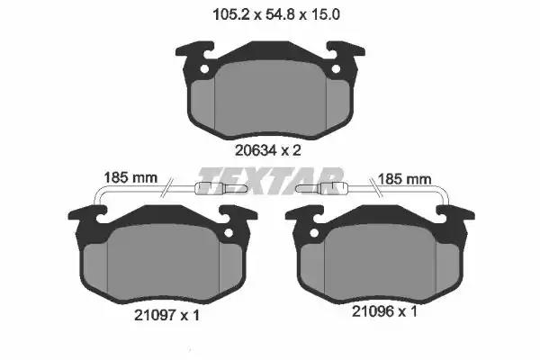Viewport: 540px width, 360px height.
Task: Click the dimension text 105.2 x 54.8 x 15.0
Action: tap(276, 14)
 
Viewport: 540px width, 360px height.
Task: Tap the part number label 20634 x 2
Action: tap(268, 150)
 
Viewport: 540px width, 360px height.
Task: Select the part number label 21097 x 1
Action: tap(166, 315)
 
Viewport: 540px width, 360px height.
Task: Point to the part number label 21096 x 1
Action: tap(384, 311)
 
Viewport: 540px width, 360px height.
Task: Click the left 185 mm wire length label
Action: tap(130, 178)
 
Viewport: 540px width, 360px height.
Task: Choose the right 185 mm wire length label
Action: tap(405, 179)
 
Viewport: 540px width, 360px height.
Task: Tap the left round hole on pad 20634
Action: tap(204, 69)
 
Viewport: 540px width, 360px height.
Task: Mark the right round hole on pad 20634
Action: tap(336, 69)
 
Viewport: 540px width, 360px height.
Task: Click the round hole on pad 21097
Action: tap(229, 233)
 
